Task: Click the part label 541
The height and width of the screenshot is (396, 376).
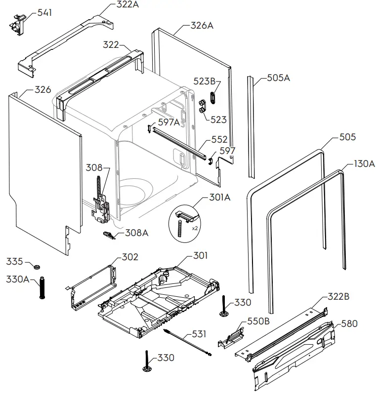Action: (x=44, y=12)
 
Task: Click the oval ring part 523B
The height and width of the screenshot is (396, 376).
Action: (x=213, y=97)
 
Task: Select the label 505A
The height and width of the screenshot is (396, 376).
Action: (x=279, y=78)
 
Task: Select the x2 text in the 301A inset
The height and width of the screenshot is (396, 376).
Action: (x=195, y=229)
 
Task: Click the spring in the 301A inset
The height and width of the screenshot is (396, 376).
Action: (x=180, y=229)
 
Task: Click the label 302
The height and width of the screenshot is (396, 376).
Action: (x=130, y=257)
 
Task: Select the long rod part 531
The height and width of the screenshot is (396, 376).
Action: (x=188, y=342)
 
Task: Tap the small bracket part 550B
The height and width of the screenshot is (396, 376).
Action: (x=230, y=338)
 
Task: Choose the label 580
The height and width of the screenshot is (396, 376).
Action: (x=349, y=324)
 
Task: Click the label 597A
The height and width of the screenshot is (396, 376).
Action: (x=170, y=122)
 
